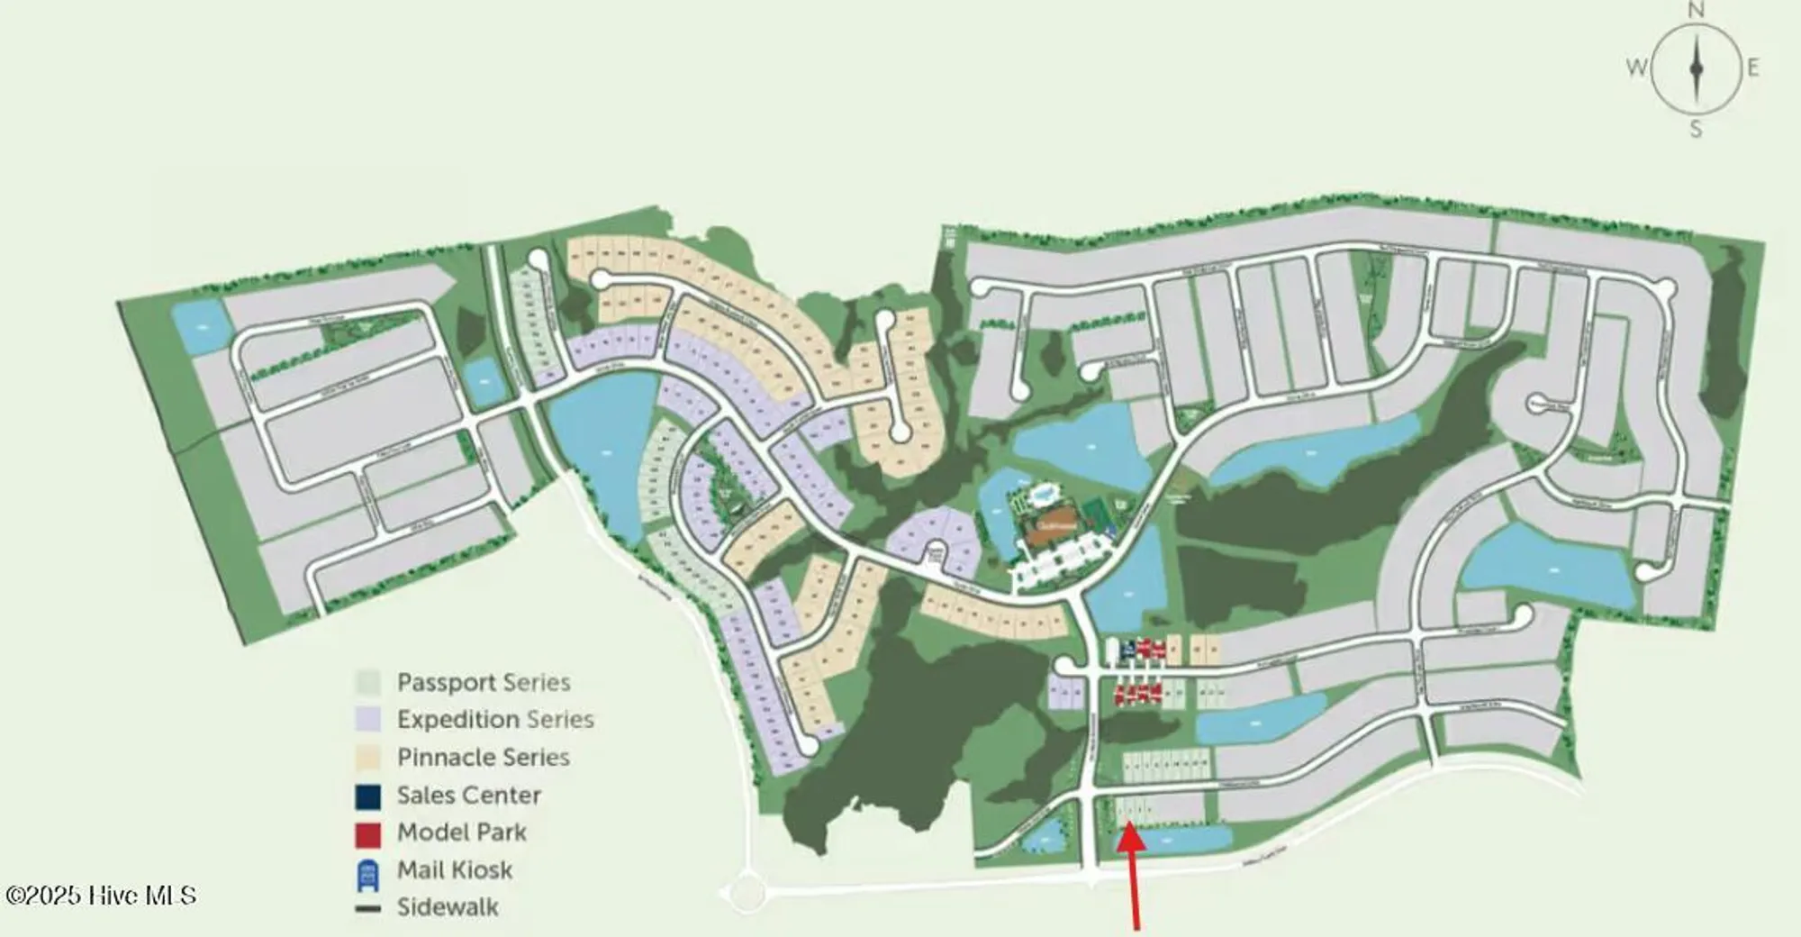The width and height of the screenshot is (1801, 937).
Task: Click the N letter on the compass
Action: tap(1696, 11)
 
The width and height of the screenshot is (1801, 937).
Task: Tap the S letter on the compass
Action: tap(1696, 129)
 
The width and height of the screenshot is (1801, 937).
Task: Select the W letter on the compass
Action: tap(1636, 68)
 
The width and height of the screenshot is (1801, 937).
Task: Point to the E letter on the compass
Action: tap(1752, 68)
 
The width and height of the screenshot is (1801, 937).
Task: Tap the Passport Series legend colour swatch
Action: tap(367, 682)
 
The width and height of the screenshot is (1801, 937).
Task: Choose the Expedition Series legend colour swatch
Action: tap(367, 719)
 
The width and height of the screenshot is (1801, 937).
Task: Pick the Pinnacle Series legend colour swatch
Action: tap(367, 757)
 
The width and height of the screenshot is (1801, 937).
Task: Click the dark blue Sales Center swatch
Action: tap(367, 796)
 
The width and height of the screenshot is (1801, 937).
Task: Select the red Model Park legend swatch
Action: tap(367, 833)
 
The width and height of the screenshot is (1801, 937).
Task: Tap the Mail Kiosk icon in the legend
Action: tap(367, 871)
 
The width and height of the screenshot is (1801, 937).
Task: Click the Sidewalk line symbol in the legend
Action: tap(367, 908)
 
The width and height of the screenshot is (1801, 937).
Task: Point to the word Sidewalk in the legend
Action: tap(448, 907)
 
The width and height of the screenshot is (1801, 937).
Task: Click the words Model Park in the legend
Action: tap(461, 832)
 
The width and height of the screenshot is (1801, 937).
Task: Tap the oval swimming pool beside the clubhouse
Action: tap(1045, 494)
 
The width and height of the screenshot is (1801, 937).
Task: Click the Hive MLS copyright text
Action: tap(101, 896)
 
